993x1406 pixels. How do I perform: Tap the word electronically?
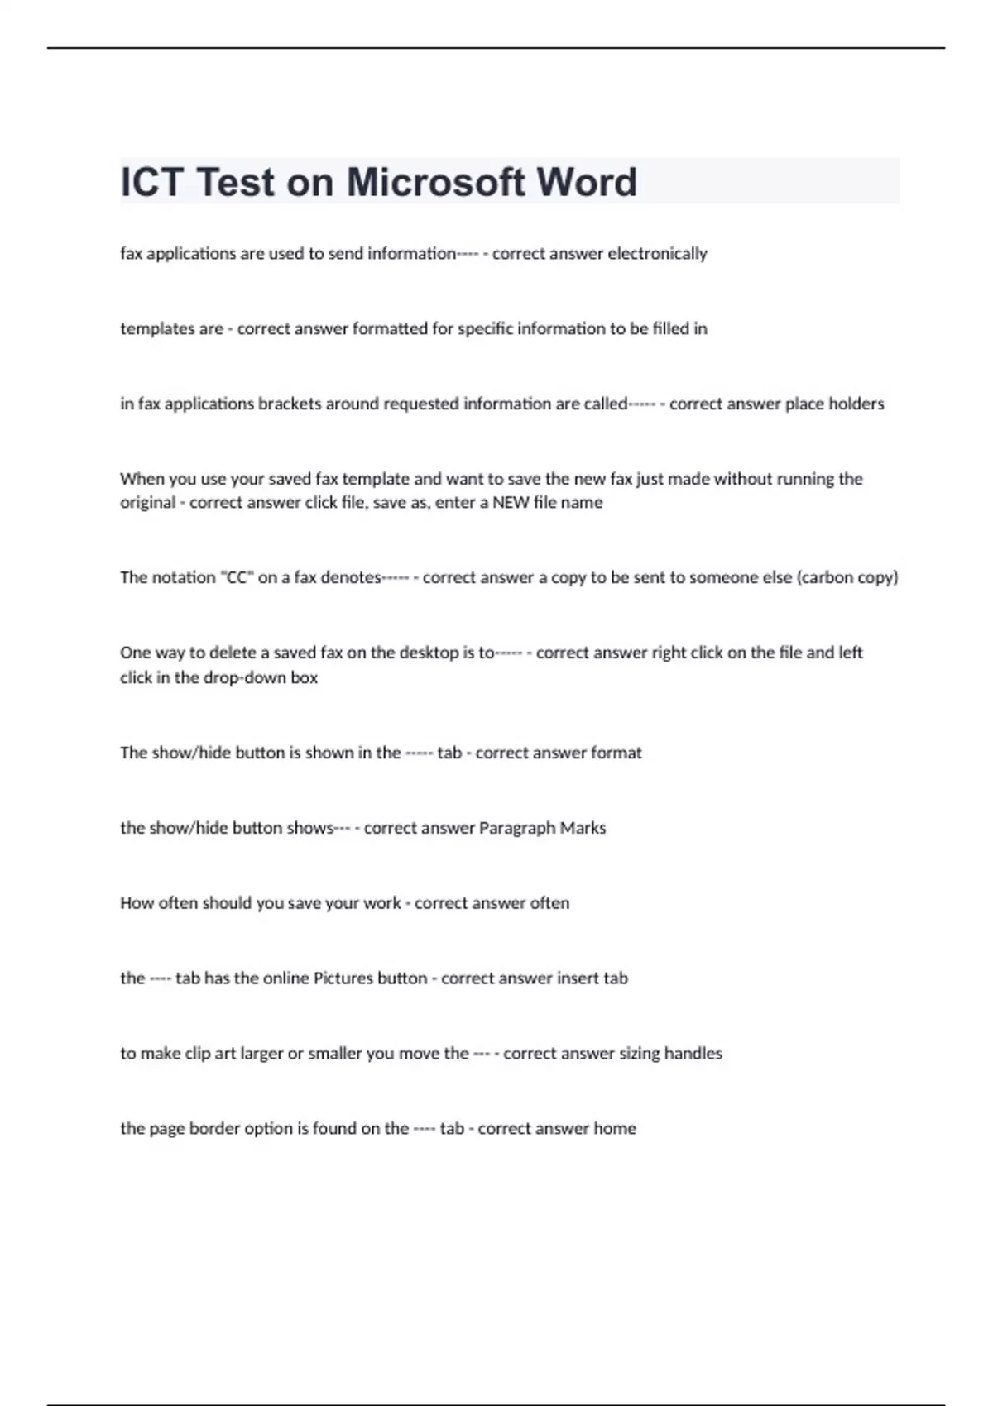[657, 253]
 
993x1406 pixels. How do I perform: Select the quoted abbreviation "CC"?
[237, 577]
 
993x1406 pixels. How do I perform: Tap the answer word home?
[615, 1128]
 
